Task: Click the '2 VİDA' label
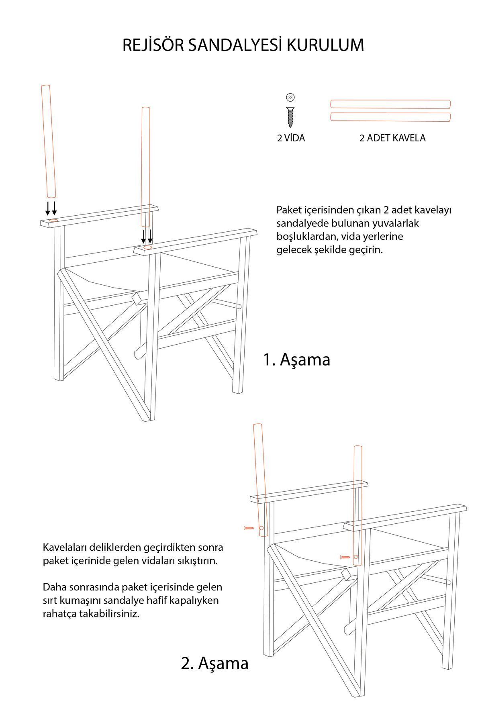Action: pos(291,138)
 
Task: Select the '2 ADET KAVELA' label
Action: pos(392,138)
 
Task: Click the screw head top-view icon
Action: pos(290,97)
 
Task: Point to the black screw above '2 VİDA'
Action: pos(290,117)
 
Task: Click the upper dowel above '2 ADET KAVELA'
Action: pos(390,104)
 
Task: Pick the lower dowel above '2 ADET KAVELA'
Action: pos(390,117)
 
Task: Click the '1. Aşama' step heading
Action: pos(296,359)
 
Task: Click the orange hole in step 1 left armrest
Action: pos(53,221)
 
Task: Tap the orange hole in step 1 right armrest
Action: pos(148,247)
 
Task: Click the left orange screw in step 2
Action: pos(249,528)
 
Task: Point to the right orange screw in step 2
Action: pos(345,557)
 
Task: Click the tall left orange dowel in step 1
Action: pos(48,141)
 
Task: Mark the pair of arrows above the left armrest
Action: pos(51,208)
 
